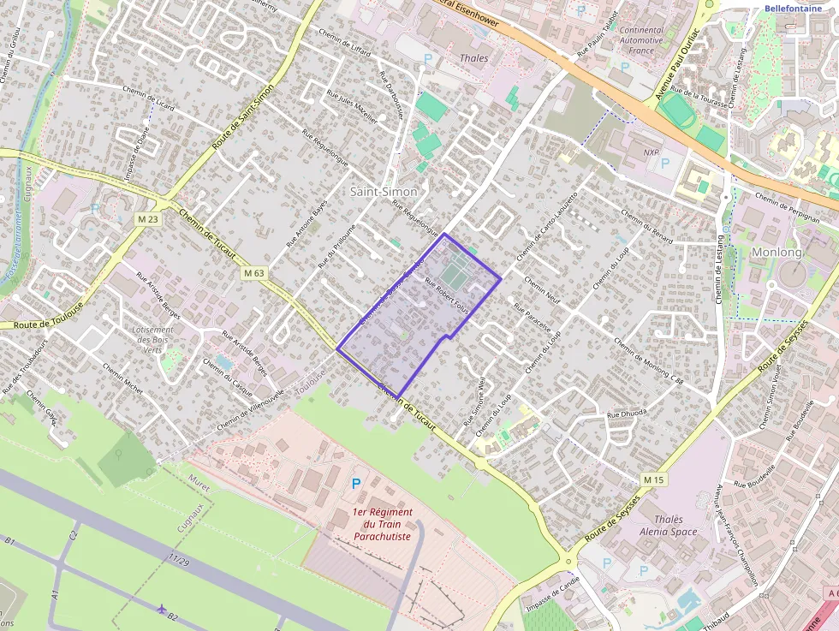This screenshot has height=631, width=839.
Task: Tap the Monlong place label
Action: coord(777,253)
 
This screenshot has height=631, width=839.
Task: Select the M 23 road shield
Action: coord(148,220)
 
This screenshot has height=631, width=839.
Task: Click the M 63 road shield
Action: coord(253,273)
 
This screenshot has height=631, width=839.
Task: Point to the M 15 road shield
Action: coord(653,479)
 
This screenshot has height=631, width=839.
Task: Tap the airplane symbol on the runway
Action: coord(163,608)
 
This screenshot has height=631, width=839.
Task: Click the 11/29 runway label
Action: coord(179,560)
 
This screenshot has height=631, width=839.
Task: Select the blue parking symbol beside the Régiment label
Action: coord(356,484)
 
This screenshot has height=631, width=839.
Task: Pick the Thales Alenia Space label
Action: coord(668,526)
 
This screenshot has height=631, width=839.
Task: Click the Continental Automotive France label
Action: coord(641,40)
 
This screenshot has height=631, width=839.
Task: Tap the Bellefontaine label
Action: coord(792,9)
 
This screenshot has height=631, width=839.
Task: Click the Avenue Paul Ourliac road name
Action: coord(677,63)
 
